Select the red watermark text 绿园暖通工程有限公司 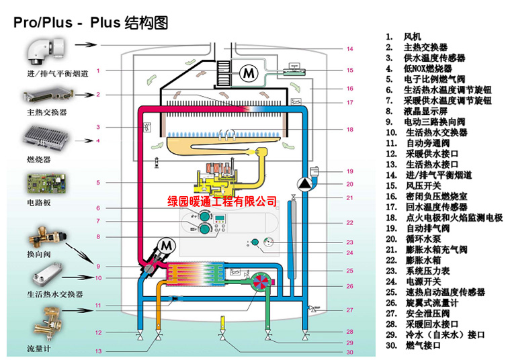(222, 200)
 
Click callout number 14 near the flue (349, 49)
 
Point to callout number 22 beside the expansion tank (349, 222)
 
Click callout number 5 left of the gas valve (98, 183)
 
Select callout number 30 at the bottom (349, 353)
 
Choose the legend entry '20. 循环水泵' (417, 239)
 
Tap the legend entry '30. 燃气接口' (417, 346)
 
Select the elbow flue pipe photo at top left (44, 50)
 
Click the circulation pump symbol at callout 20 (306, 184)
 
